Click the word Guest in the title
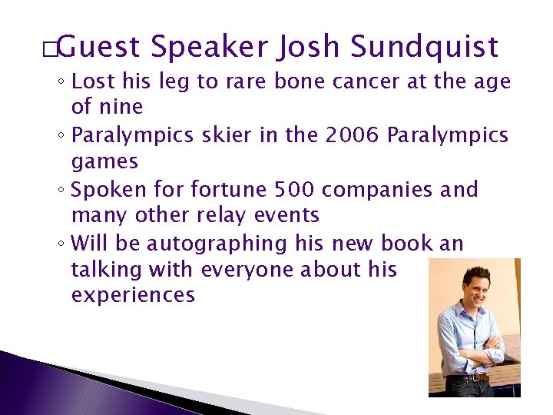98,48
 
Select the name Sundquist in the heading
425,48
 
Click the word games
104,162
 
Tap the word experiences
133,295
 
